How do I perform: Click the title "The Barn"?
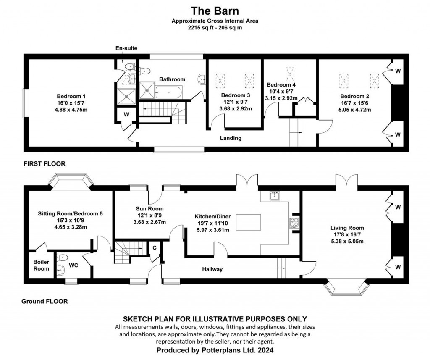point(215,10)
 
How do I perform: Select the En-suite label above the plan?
point(126,49)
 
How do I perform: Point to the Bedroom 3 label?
point(236,95)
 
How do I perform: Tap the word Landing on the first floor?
point(231,138)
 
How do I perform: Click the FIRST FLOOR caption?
point(45,164)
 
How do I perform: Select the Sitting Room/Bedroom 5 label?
point(70,213)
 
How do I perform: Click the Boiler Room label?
point(41,265)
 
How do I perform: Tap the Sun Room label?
point(149,208)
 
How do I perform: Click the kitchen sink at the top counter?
point(275,195)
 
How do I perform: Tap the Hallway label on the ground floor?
point(212,269)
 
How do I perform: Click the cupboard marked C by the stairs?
point(154,247)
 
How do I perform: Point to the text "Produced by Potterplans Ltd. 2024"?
point(215,350)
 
